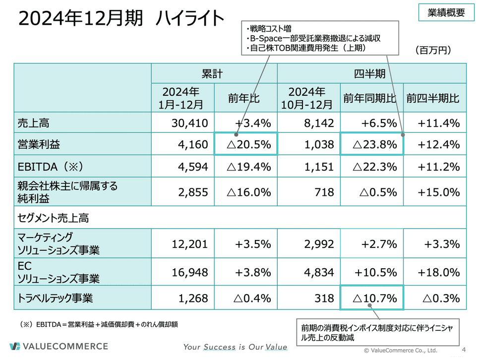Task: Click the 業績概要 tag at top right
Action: point(446,13)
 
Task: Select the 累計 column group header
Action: point(214,74)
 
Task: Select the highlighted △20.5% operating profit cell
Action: point(246,145)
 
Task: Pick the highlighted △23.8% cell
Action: point(372,145)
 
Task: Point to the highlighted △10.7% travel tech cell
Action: point(372,299)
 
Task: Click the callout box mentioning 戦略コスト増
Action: point(320,38)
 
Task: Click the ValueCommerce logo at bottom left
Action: point(59,346)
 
